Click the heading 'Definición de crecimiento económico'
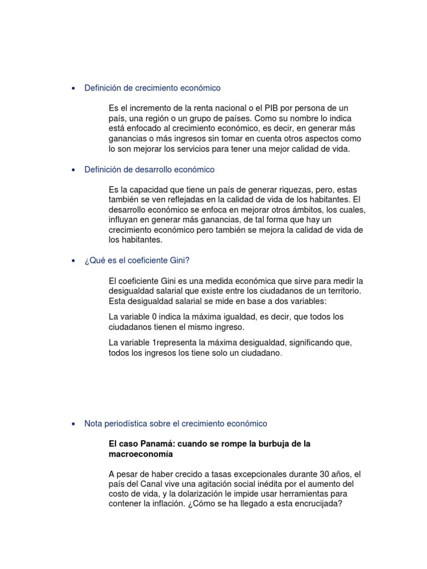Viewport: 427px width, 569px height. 152,88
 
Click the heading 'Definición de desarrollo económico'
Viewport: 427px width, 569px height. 149,169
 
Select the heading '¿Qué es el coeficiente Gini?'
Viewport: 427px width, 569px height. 137,261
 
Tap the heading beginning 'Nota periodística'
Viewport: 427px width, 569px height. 175,423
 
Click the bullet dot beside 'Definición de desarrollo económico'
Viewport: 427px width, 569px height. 74,170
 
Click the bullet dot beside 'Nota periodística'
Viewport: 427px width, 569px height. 74,424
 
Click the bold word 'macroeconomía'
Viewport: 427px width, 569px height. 141,454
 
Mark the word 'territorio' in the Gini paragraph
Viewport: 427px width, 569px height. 341,291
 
